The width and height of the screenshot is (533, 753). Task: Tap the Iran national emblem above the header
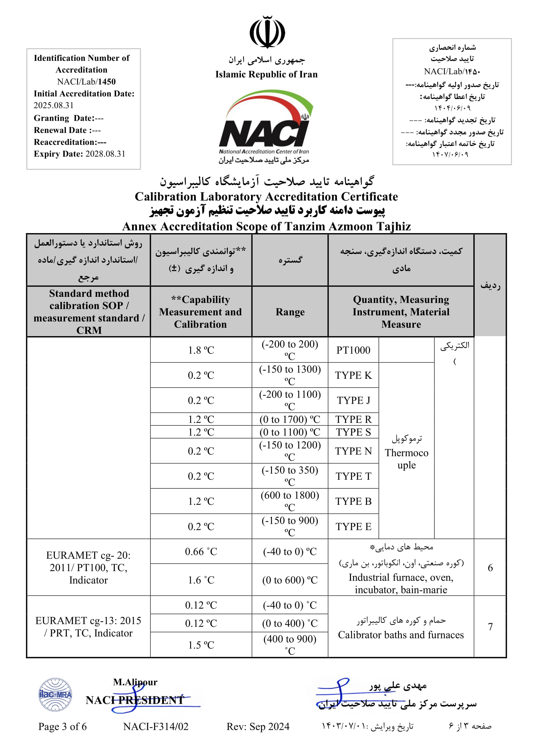pyautogui.click(x=267, y=32)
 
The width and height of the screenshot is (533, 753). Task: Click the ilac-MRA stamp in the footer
pyautogui.click(x=55, y=694)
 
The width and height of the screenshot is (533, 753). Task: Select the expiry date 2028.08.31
pyautogui.click(x=105, y=154)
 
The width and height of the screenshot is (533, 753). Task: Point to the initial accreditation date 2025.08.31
pyautogui.click(x=53, y=105)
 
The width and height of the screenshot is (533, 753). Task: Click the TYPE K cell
pyautogui.click(x=353, y=375)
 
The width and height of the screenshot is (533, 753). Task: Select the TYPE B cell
pyautogui.click(x=353, y=501)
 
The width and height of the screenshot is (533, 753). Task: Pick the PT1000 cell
pyautogui.click(x=353, y=350)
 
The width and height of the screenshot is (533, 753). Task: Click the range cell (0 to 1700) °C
pyautogui.click(x=290, y=419)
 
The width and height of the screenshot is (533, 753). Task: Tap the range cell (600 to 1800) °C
pyautogui.click(x=290, y=501)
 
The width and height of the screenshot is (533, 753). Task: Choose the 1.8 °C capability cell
pyautogui.click(x=201, y=350)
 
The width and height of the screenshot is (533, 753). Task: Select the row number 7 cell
pyautogui.click(x=490, y=627)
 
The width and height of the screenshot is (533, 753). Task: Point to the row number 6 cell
pyautogui.click(x=490, y=568)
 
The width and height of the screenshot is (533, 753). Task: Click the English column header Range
pyautogui.click(x=290, y=312)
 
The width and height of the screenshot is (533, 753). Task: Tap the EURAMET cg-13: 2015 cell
pyautogui.click(x=88, y=627)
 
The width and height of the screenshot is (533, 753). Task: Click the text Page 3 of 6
pyautogui.click(x=63, y=726)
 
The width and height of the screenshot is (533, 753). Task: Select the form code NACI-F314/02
pyautogui.click(x=156, y=726)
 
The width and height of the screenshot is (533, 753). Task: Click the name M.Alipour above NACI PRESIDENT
pyautogui.click(x=135, y=682)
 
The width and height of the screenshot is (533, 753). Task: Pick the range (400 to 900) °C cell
pyautogui.click(x=290, y=645)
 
